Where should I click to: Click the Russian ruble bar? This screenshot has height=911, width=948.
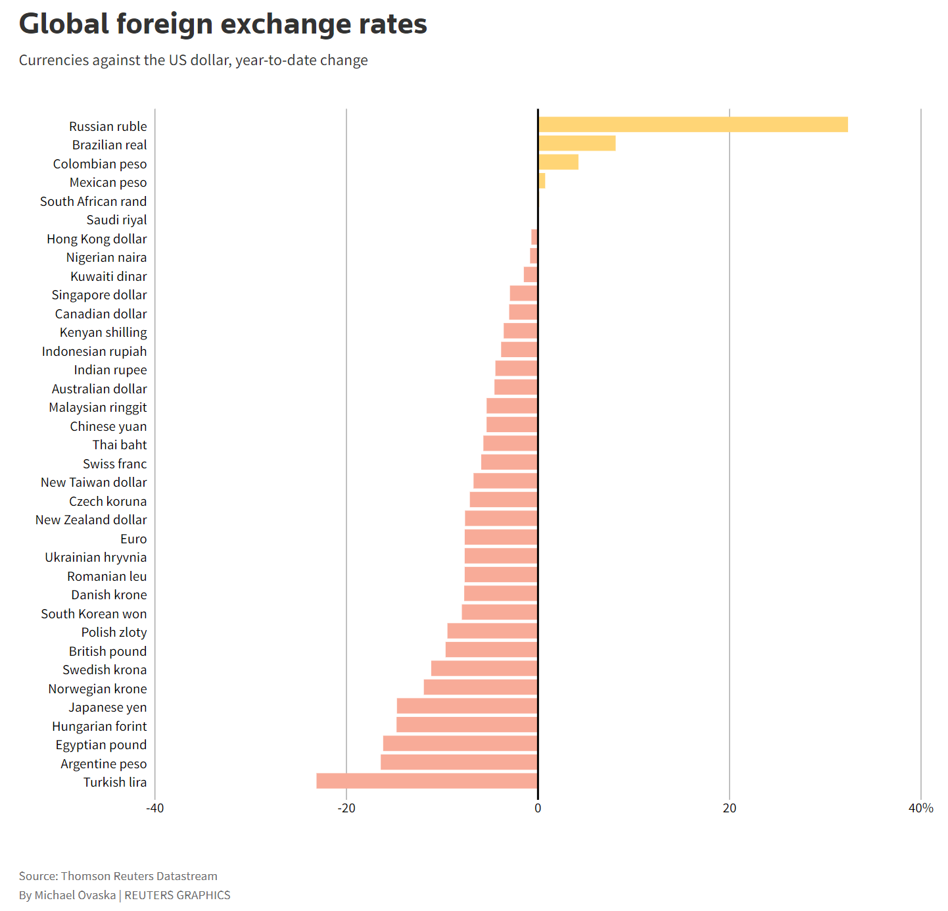[693, 124]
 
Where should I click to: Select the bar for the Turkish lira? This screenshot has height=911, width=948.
[427, 781]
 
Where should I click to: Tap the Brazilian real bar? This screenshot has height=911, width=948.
[577, 143]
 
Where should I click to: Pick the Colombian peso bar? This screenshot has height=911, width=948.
[558, 162]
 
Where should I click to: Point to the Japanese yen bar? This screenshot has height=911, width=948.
[467, 706]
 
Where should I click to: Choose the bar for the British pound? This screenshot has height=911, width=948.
[492, 650]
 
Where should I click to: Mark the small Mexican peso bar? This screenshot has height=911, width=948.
[542, 181]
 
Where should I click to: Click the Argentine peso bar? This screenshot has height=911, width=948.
[460, 762]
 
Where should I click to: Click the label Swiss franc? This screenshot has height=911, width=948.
[115, 464]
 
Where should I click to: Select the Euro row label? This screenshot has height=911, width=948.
[133, 539]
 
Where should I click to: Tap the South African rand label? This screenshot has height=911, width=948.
[93, 201]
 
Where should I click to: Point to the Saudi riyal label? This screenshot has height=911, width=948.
[116, 220]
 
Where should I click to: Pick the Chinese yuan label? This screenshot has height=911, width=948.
[108, 426]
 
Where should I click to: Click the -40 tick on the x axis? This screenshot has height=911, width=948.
[155, 808]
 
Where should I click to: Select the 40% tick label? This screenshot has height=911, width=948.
[920, 808]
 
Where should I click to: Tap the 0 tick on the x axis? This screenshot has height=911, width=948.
[538, 808]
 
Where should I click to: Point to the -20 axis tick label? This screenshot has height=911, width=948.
[346, 808]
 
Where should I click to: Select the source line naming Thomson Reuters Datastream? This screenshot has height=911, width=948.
[118, 876]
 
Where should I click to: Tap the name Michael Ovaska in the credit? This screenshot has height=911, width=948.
[75, 895]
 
